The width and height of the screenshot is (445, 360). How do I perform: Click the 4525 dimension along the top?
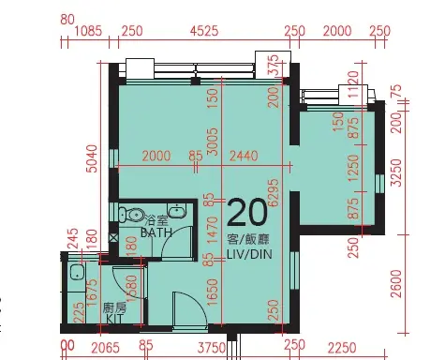tap(203, 31)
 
